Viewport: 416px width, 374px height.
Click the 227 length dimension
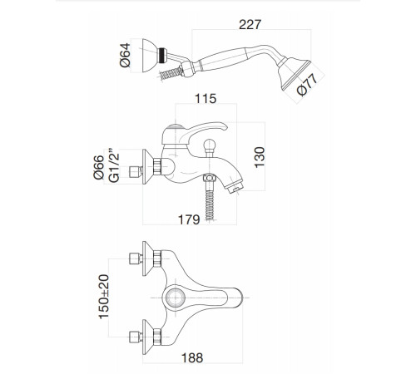[x=250, y=24]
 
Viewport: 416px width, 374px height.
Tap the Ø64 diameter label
[x=125, y=55]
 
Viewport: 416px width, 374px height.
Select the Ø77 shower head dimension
[x=307, y=85]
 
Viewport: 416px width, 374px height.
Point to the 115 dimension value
[x=206, y=99]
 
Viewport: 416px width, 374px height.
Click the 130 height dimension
[x=260, y=157]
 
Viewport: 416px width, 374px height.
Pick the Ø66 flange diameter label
[x=98, y=167]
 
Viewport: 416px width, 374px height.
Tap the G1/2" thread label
[x=114, y=165]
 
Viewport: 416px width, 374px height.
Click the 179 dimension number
[x=189, y=219]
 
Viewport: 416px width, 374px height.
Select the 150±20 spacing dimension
[x=104, y=297]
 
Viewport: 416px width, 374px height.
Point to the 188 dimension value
[x=192, y=358]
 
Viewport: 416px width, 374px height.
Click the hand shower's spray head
[x=294, y=74]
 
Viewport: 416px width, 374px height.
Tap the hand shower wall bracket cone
[x=150, y=56]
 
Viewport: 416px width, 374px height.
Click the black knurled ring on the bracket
[x=162, y=56]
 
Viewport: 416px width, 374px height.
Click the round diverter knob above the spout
[x=210, y=145]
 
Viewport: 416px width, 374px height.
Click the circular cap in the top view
[x=176, y=298]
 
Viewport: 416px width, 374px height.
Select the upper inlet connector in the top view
[x=136, y=258]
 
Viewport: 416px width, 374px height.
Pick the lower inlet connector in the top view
[x=136, y=337]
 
